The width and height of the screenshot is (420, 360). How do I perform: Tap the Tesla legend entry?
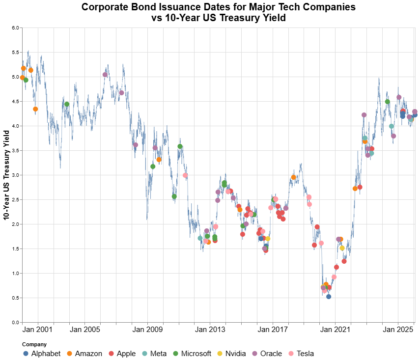303,354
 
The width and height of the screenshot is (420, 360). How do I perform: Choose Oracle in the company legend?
270,354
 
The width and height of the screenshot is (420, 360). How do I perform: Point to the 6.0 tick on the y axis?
15,28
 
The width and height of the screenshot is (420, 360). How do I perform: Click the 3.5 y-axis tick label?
15,151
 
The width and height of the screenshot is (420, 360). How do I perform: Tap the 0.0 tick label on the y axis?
15,323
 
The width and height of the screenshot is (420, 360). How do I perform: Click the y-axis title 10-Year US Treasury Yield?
6,175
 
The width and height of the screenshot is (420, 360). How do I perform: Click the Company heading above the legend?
35,345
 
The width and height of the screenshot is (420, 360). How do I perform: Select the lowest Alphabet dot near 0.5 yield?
329,297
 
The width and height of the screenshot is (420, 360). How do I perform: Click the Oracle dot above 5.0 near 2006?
105,75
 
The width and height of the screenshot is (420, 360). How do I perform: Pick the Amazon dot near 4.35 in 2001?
35,109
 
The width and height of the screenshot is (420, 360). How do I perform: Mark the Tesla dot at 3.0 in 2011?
185,175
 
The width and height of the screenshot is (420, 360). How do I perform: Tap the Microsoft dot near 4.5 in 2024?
388,102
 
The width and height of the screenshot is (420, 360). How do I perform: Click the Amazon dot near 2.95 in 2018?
294,177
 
